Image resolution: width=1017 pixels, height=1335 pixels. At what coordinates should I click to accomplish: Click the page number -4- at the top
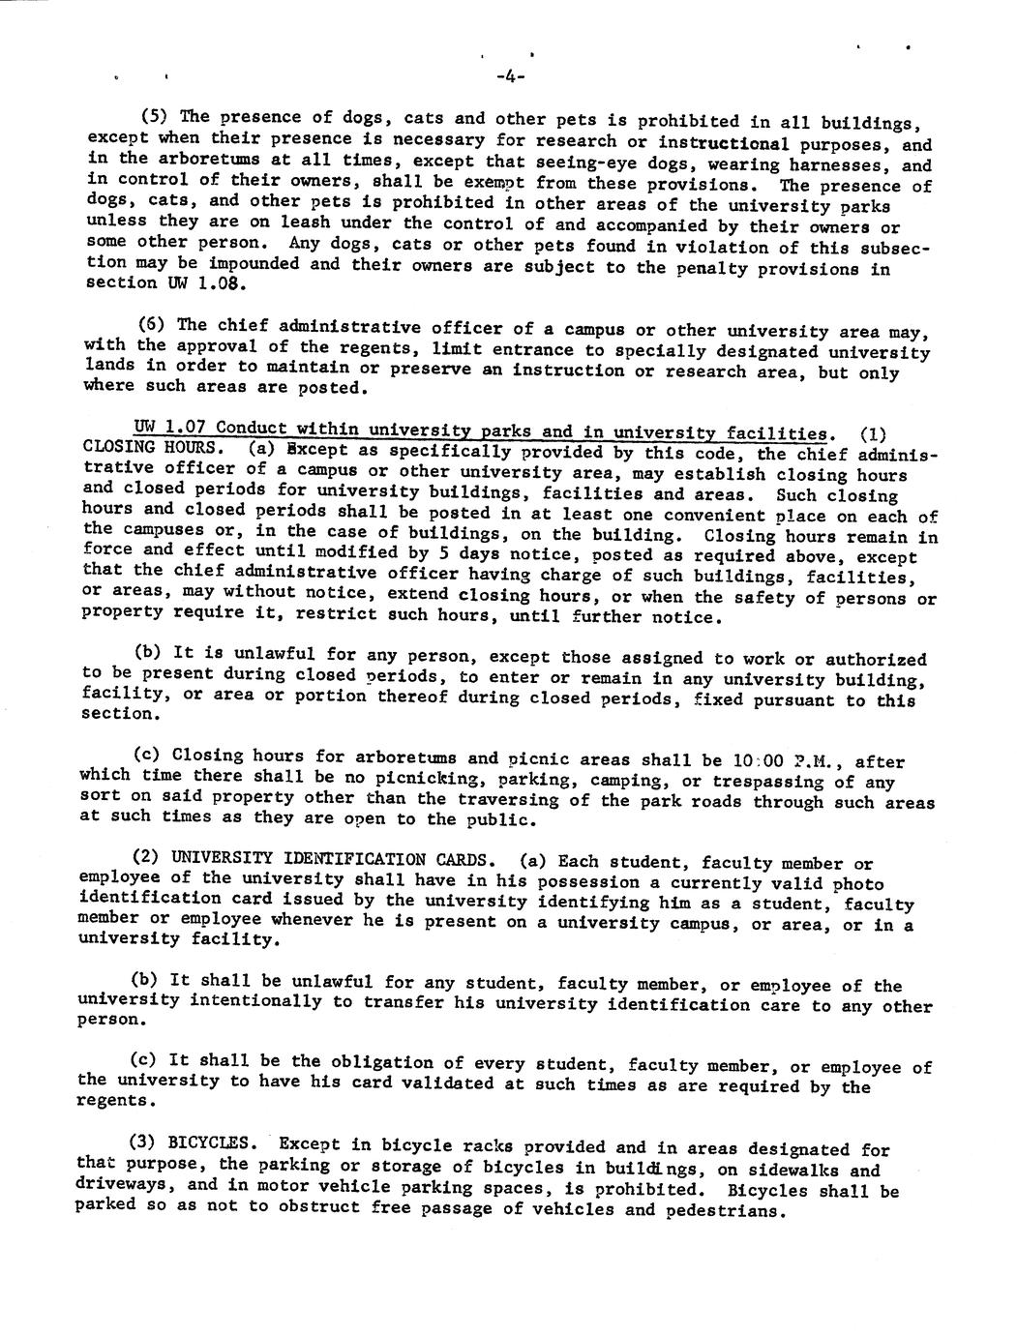click(x=509, y=78)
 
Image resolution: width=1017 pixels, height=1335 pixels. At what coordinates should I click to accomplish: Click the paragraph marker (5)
click(x=157, y=117)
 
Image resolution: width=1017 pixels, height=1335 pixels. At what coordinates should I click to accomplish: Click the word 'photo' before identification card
click(x=859, y=883)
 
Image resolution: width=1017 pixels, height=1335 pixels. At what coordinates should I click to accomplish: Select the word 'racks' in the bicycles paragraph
click(x=467, y=1146)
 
